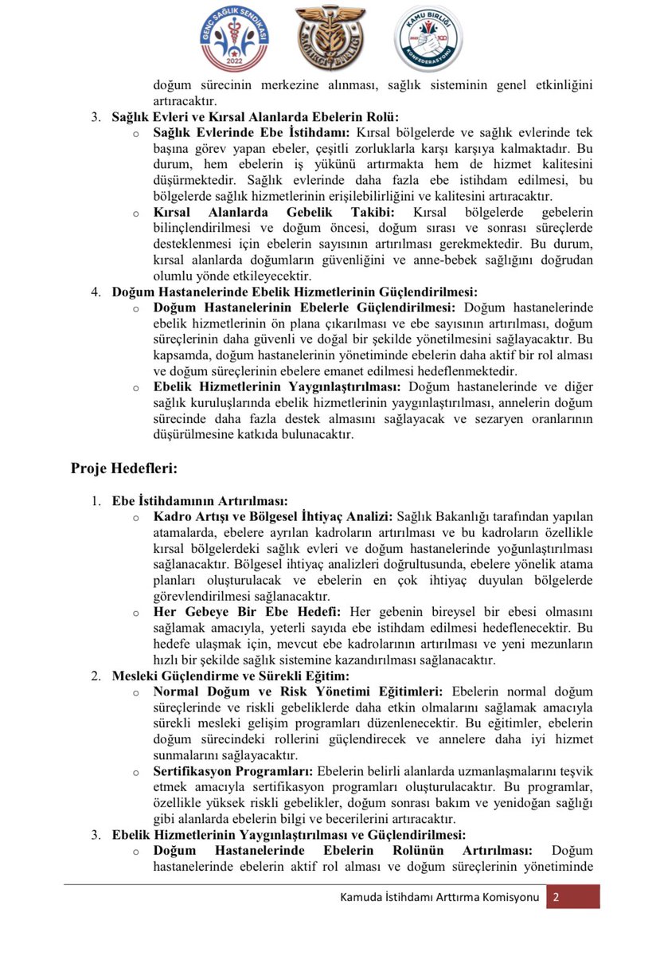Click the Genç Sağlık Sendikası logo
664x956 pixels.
(x=234, y=38)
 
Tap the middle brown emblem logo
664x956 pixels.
(x=329, y=38)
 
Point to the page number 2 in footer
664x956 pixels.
(x=556, y=897)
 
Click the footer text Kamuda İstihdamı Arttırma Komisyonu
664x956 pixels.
(x=439, y=897)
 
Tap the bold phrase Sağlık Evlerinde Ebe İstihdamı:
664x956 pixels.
(x=252, y=132)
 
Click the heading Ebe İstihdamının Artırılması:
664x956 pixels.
(x=199, y=501)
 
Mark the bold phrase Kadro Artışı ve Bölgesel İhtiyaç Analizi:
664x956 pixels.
(x=272, y=516)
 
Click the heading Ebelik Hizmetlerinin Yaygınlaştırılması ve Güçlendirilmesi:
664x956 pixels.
(x=288, y=835)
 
